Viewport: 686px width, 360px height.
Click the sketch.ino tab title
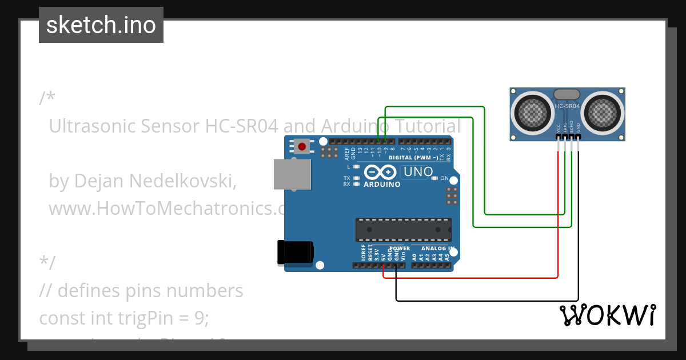tap(101, 25)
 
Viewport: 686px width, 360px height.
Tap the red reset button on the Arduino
tap(301, 146)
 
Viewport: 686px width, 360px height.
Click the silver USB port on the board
tap(292, 174)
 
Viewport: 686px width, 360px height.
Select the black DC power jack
tap(295, 252)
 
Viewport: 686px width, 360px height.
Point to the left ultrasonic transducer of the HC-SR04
tap(532, 111)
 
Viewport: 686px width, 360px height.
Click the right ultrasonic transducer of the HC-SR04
tap(604, 111)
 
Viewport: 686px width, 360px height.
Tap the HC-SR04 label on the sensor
tap(568, 106)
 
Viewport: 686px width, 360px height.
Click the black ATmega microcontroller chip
tap(403, 229)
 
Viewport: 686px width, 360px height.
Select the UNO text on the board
tap(418, 171)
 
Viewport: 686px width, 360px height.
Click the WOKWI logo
tap(608, 315)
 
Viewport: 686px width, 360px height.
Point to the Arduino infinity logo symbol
tap(380, 172)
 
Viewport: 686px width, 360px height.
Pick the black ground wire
tap(486, 301)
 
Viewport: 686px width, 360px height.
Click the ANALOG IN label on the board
tap(437, 249)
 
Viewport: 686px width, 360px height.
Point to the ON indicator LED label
tap(444, 179)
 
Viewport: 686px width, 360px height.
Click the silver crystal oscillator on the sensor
tap(568, 94)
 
